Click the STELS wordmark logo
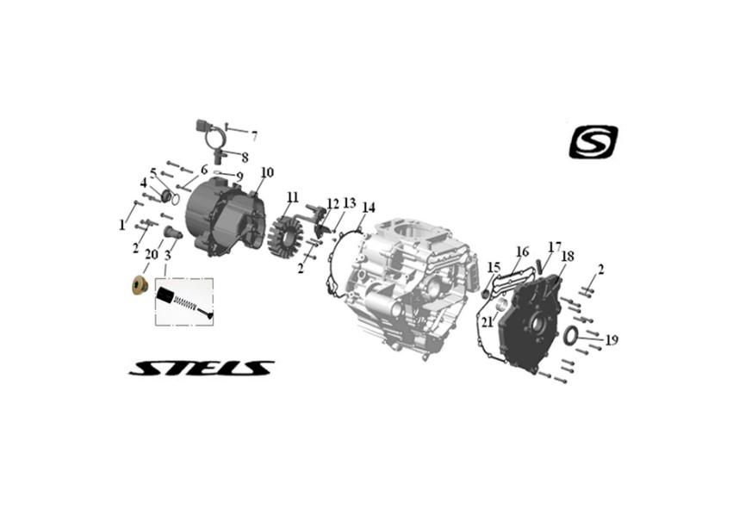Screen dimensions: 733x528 coord(201,368)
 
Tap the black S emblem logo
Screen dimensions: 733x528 coord(593,142)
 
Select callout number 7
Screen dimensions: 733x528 coord(254,136)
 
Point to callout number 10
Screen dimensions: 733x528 coord(267,172)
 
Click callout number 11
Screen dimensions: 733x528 coord(292,197)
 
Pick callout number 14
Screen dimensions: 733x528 coord(369,208)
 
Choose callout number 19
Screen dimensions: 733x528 coord(612,340)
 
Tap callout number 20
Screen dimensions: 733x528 coord(152,255)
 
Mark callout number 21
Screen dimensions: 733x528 coord(488,322)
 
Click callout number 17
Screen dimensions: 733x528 coord(555,246)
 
